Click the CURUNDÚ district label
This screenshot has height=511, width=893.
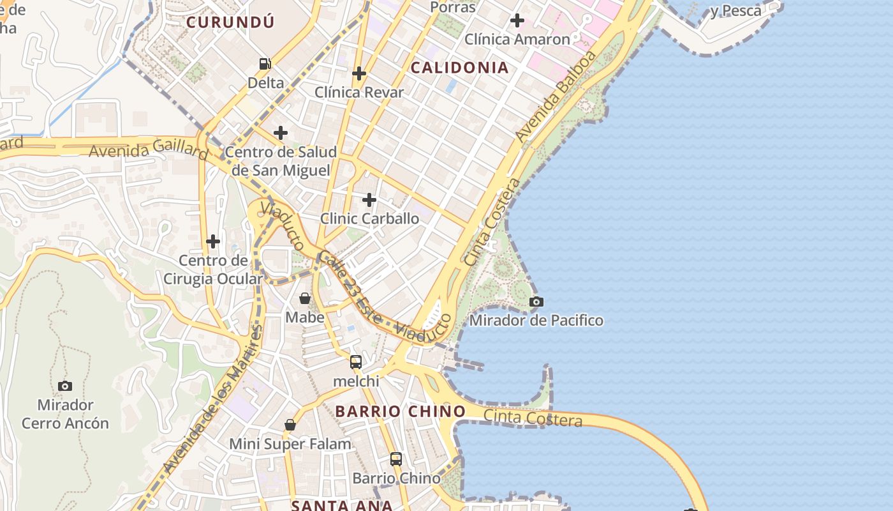(x=230, y=22)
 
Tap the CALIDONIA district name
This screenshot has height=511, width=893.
(x=459, y=68)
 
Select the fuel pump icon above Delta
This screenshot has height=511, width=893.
(x=265, y=63)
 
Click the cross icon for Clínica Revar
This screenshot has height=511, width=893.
(x=359, y=73)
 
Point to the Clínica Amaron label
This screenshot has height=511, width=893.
(x=517, y=39)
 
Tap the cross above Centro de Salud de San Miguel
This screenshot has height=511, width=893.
(x=280, y=133)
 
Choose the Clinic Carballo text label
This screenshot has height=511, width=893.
(x=370, y=218)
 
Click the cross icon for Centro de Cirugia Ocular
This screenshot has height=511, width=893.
(x=213, y=241)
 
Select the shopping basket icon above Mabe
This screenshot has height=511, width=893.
(x=305, y=298)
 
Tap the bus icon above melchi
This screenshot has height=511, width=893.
(x=356, y=362)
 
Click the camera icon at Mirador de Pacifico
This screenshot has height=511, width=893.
(x=536, y=301)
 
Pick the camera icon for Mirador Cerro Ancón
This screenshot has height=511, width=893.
(x=65, y=386)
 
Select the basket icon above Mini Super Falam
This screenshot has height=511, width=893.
(x=290, y=425)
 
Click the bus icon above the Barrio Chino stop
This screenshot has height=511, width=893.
(x=396, y=459)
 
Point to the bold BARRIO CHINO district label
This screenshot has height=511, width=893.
(x=401, y=411)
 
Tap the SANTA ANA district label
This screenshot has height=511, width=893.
(x=342, y=505)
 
